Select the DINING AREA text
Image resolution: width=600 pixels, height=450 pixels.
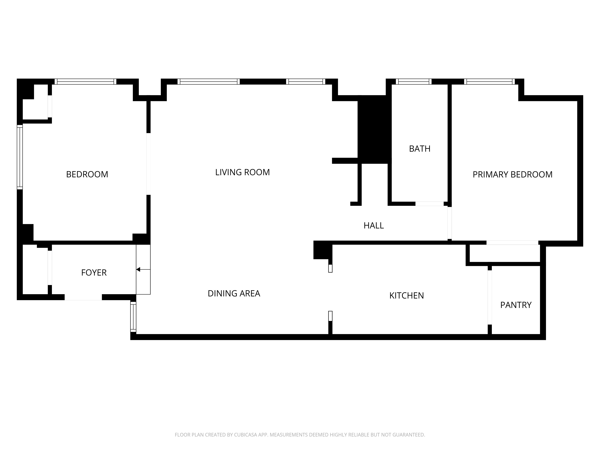pyautogui.click(x=234, y=294)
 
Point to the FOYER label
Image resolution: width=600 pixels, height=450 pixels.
pyautogui.click(x=94, y=273)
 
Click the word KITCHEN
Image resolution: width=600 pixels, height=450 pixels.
pyautogui.click(x=406, y=296)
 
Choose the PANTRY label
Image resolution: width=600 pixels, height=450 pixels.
pyautogui.click(x=516, y=305)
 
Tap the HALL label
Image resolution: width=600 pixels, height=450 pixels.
pyautogui.click(x=373, y=226)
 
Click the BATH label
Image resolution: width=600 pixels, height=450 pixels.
pyautogui.click(x=420, y=149)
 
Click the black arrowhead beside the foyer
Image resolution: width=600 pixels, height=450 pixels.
pyautogui.click(x=138, y=269)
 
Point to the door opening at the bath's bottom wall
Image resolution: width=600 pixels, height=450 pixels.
pyautogui.click(x=429, y=204)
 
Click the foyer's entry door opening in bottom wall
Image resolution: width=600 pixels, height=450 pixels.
pyautogui.click(x=83, y=297)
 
